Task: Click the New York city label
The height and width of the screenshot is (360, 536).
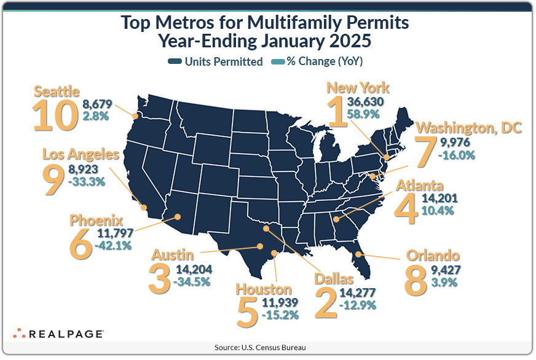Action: tap(358, 88)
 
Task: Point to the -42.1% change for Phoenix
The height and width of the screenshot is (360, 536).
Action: tap(114, 246)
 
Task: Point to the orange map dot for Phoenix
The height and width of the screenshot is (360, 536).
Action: tap(177, 216)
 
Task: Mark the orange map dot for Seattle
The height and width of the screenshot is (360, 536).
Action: tap(136, 115)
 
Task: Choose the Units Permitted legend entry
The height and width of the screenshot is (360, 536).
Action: tap(215, 61)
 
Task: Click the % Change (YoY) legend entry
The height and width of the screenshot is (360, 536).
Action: tap(325, 61)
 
